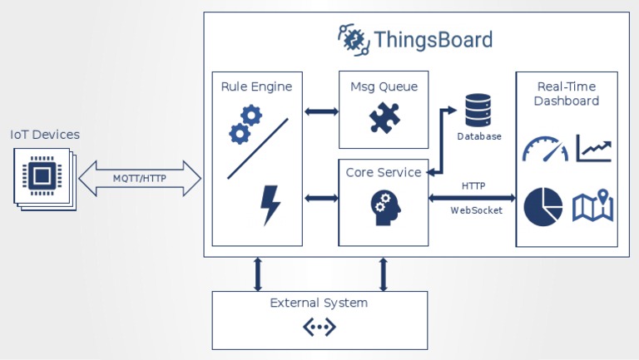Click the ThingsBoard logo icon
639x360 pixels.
[353, 39]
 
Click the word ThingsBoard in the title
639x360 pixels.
[433, 40]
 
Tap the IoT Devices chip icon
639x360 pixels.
[42, 175]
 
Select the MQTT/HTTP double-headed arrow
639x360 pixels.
[139, 178]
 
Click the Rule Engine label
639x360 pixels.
[256, 86]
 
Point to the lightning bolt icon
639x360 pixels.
[270, 205]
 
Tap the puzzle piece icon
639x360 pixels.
[384, 117]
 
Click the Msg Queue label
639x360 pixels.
[384, 86]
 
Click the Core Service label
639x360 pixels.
[384, 172]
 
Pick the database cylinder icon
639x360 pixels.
[478, 110]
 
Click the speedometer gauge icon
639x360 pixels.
[545, 149]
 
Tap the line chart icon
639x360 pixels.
[594, 148]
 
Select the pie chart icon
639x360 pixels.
[543, 205]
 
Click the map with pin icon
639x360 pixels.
[592, 206]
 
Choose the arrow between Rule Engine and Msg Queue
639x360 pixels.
[320, 111]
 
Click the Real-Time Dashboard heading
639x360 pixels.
[566, 93]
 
